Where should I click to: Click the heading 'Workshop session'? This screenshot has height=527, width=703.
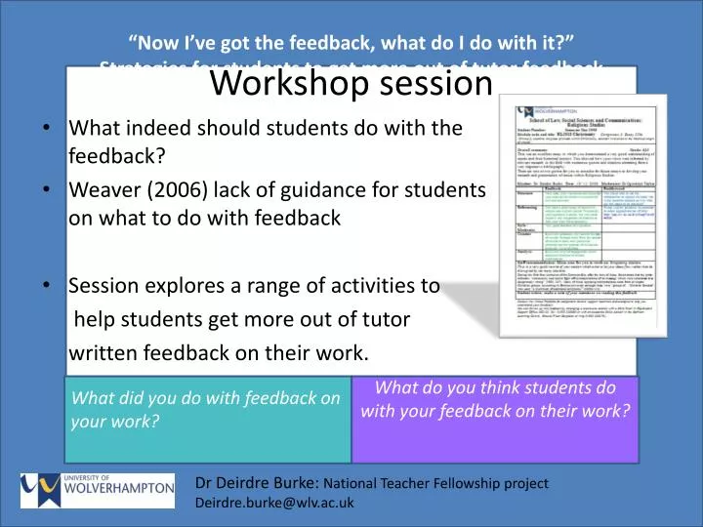(351, 84)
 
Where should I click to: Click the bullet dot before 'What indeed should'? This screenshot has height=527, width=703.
(49, 129)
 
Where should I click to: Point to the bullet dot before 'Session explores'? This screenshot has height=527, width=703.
(49, 287)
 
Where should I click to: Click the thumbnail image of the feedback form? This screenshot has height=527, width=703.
(582, 215)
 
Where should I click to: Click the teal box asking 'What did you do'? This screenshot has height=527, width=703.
(207, 420)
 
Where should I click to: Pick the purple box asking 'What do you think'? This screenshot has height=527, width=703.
(495, 420)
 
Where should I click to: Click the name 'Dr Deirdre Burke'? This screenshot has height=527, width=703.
(257, 482)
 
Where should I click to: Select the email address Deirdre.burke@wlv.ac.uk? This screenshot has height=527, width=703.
(274, 504)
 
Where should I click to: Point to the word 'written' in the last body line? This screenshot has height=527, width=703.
(103, 352)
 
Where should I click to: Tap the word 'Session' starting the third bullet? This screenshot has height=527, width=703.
(103, 286)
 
